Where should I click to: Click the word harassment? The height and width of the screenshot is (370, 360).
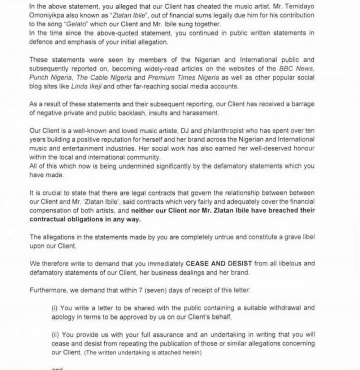pyautogui.click(x=206, y=113)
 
